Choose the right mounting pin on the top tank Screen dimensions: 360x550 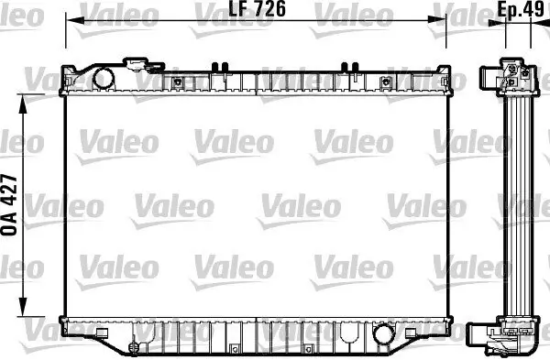point(347,66)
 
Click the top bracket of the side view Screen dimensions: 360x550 point(507,78)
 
